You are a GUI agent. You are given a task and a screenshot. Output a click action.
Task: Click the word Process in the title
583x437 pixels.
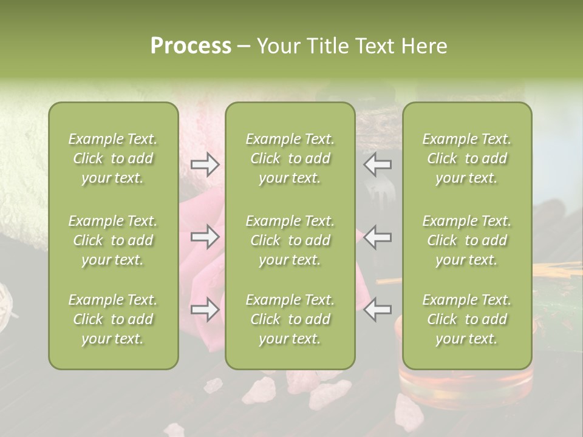point(191,46)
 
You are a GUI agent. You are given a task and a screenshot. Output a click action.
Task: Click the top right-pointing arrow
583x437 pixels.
point(205,164)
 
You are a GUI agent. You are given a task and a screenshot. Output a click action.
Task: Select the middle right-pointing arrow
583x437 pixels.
point(205,237)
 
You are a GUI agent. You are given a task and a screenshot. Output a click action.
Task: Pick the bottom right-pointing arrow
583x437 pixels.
point(205,310)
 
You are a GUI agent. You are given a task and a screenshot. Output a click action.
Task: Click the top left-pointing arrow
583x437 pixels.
point(378,164)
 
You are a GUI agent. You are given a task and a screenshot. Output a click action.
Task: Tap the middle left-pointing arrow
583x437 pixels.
point(378,237)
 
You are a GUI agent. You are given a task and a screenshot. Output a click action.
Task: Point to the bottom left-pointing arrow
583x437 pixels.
point(378,310)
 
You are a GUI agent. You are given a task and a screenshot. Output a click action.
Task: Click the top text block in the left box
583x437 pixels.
point(113,158)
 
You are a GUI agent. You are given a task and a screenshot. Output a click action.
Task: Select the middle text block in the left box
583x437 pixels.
point(113,240)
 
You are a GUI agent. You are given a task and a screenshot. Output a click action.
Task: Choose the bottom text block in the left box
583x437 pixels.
point(113,319)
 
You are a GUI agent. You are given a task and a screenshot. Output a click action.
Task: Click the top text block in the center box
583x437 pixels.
point(290,158)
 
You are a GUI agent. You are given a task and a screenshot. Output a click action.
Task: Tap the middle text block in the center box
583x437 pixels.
point(290,240)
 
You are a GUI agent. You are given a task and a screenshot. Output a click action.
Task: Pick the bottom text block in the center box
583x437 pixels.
point(290,319)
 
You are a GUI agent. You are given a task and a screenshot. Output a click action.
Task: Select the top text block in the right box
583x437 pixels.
point(466,158)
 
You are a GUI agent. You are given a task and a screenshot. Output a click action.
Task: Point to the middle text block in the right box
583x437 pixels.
point(466,240)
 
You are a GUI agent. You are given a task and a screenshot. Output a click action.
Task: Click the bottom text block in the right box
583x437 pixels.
point(466,319)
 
